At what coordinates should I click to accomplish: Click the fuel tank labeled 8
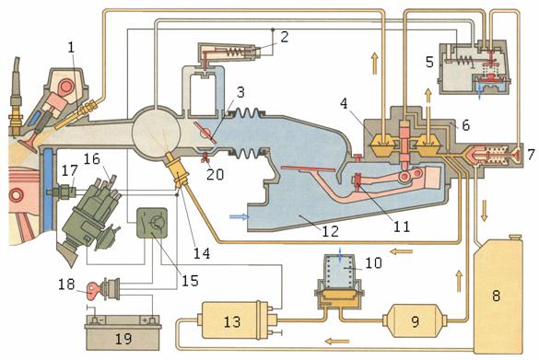[498, 296]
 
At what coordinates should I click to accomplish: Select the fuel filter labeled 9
[416, 320]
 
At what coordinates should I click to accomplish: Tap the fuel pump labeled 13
[234, 320]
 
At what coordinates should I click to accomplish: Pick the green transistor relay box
[152, 223]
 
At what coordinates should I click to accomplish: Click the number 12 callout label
[330, 231]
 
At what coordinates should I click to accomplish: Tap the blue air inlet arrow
[240, 216]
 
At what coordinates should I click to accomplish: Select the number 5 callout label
[429, 63]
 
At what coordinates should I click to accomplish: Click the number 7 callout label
[531, 154]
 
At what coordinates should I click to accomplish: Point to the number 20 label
[216, 174]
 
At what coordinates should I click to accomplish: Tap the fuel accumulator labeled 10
[339, 283]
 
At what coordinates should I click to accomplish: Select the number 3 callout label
[240, 92]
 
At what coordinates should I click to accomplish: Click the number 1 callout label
[71, 47]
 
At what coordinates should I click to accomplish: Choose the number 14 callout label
[202, 253]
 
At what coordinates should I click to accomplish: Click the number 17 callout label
[70, 170]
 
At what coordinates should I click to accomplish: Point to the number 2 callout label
[285, 37]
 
